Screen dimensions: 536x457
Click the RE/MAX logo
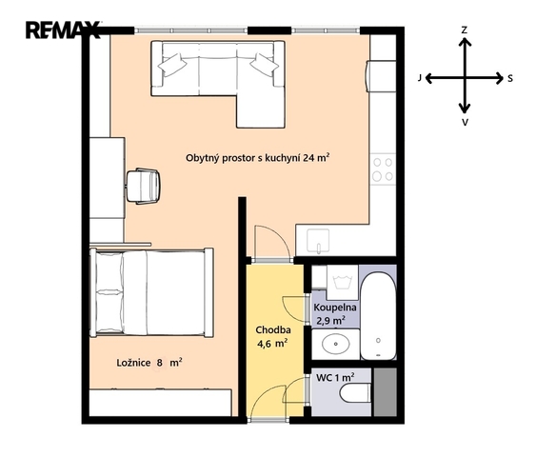click(63, 30)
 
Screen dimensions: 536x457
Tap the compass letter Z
click(464, 30)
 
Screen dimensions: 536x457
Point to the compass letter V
click(465, 122)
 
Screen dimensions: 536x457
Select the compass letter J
click(420, 78)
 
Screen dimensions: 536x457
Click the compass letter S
click(510, 79)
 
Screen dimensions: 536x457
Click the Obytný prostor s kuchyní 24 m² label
click(257, 158)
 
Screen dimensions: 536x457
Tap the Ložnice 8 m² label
click(149, 363)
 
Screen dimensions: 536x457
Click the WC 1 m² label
click(335, 377)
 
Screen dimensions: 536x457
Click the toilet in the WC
click(355, 393)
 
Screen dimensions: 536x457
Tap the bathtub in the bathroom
click(378, 315)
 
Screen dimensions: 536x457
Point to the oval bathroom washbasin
click(336, 344)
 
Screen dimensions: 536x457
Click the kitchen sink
click(318, 241)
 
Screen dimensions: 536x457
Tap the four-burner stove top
click(383, 169)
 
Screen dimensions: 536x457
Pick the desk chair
click(143, 187)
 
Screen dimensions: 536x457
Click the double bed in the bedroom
click(151, 292)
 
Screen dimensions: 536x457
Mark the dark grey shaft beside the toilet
click(386, 392)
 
